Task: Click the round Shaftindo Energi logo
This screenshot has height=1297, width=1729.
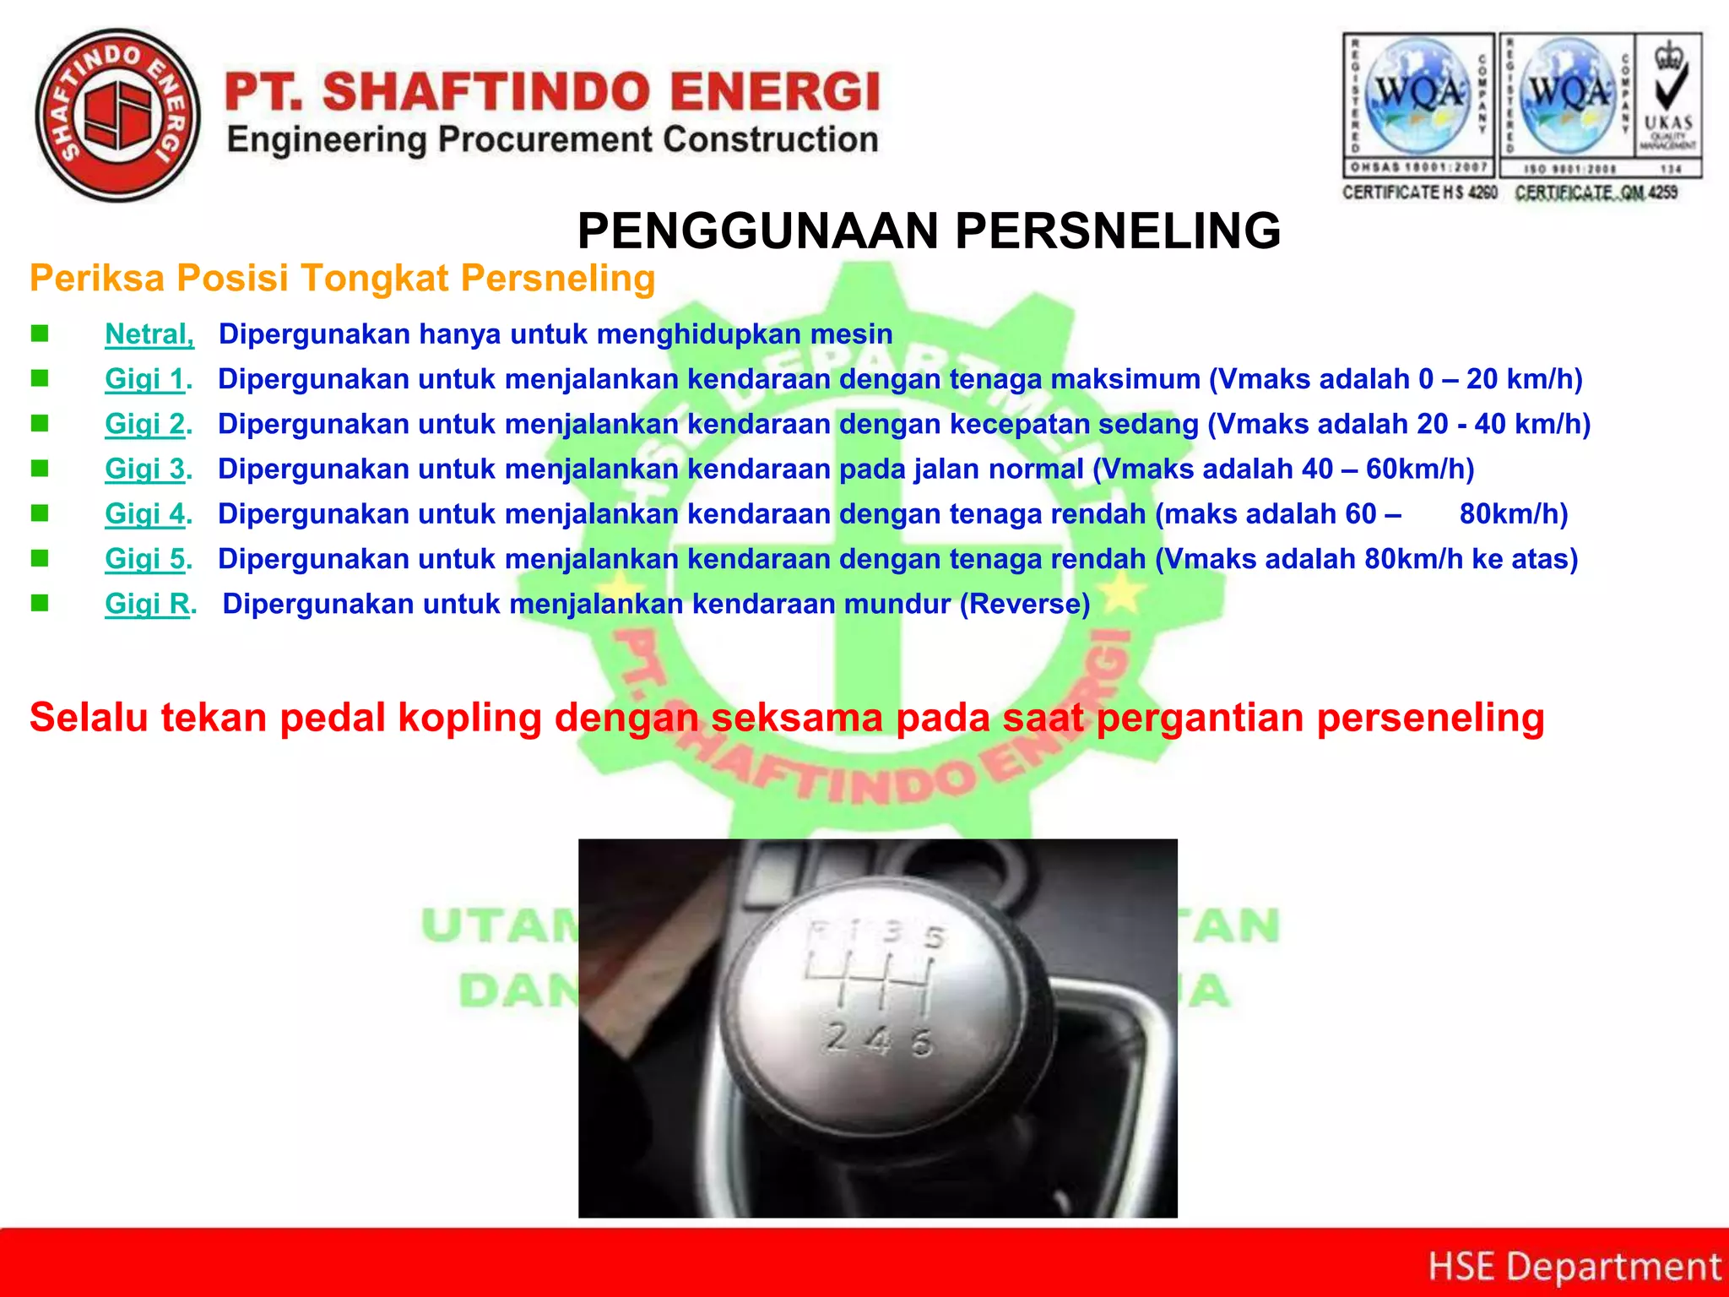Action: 118,116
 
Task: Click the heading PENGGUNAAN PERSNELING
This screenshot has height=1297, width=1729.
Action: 929,231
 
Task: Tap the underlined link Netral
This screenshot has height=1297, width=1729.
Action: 149,334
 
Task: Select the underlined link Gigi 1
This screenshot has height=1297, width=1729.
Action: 145,379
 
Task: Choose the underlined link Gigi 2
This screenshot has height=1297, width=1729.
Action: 145,424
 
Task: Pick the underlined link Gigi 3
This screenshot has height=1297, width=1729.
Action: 145,469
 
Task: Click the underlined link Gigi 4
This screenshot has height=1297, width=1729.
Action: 145,513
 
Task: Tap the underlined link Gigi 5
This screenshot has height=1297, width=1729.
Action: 145,558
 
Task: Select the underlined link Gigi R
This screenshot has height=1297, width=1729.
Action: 148,604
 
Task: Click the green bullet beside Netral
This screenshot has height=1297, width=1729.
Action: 40,334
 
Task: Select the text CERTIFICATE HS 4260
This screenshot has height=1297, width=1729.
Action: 1420,193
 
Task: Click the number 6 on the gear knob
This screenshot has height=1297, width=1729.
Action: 923,1043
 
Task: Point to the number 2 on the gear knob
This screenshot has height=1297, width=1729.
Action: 837,1037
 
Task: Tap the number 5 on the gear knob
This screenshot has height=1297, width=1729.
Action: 935,937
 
